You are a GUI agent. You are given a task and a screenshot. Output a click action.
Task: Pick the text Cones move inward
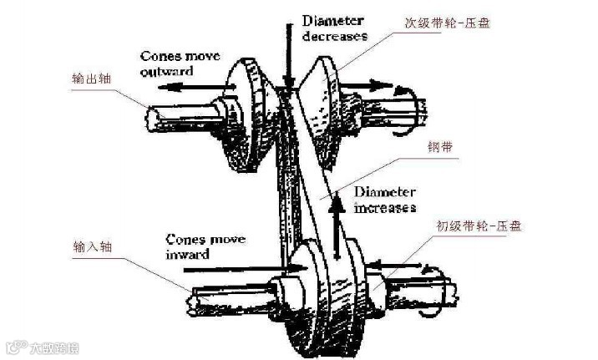point(205,246)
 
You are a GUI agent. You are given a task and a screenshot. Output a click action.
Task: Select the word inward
point(188,253)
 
